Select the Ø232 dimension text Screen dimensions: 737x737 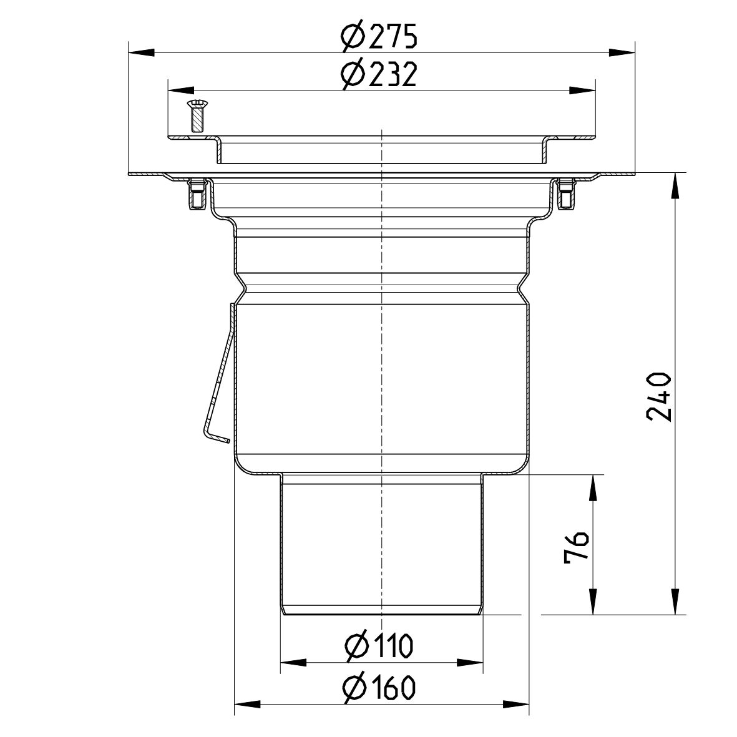[379, 76]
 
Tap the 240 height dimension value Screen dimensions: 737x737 [659, 397]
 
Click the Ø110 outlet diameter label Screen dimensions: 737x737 [379, 647]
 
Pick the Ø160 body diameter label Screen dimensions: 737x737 [379, 689]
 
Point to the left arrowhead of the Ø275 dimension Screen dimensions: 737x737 [140, 53]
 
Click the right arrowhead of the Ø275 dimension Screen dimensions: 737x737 [622, 53]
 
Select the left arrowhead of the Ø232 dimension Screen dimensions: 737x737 [181, 90]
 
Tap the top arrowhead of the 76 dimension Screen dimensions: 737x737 [592, 487]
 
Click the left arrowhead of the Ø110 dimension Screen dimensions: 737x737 [293, 662]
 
